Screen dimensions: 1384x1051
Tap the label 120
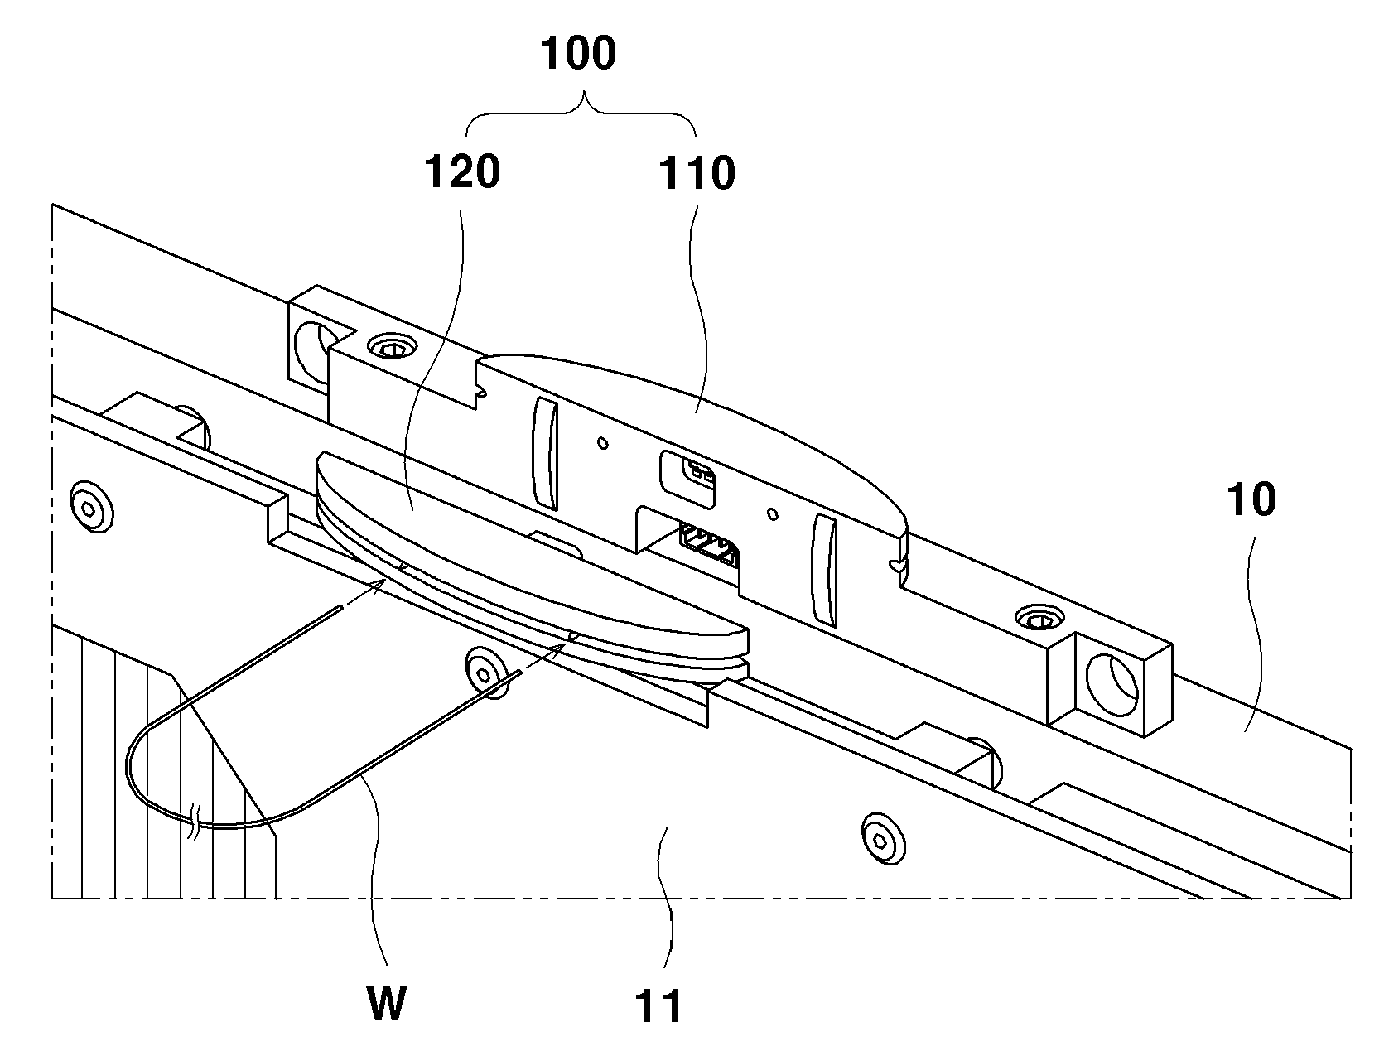[463, 171]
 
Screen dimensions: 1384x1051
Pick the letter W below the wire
[386, 1005]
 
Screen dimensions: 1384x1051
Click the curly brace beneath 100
[581, 113]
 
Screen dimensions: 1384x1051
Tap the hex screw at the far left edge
[92, 508]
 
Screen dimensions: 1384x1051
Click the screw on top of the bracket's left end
[393, 346]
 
